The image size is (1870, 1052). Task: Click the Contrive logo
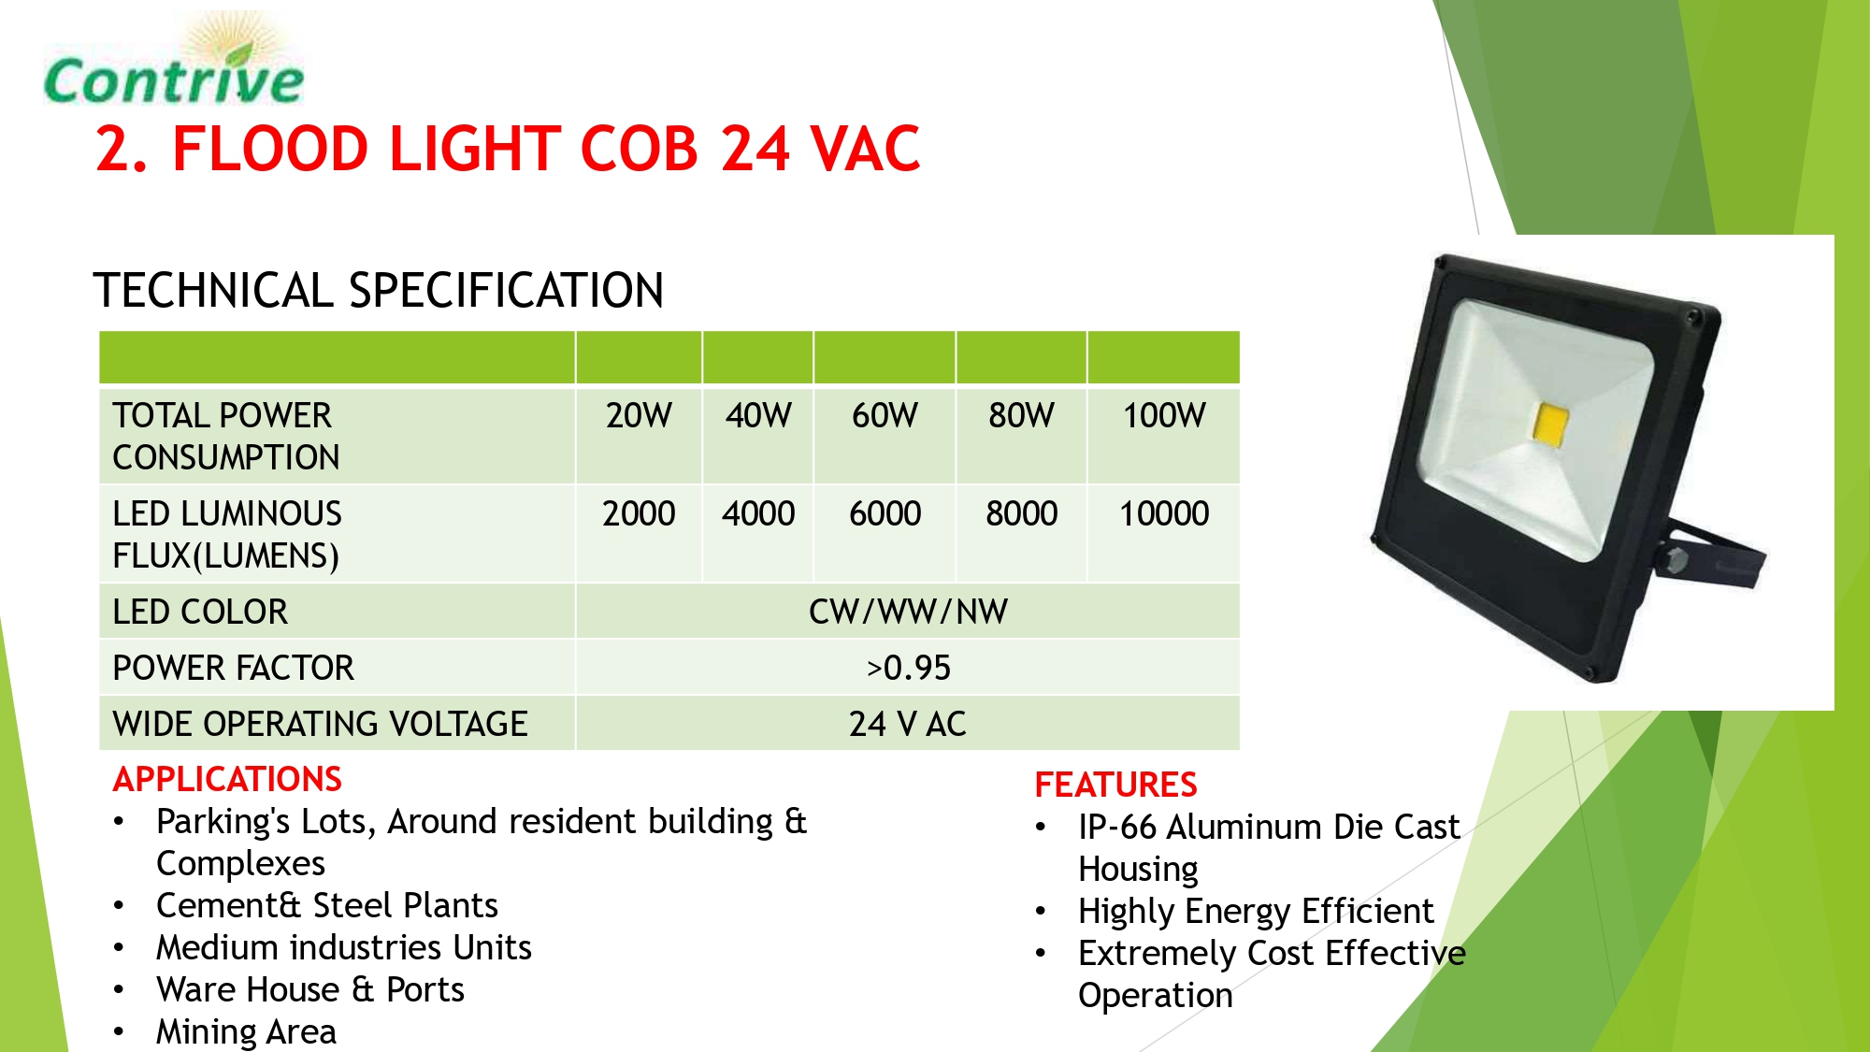coord(174,61)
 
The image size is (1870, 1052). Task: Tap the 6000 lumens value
coord(885,513)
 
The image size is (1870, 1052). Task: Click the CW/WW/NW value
coord(908,612)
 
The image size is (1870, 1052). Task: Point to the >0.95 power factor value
coord(908,668)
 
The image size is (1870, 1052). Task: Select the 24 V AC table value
coord(908,724)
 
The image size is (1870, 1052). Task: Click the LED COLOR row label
coord(200,612)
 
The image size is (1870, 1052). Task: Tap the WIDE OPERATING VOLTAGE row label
coord(320,724)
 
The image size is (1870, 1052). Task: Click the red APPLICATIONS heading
coord(227,779)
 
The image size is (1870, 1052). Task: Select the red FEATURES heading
coord(1115,785)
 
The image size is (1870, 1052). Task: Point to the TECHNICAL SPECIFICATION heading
coord(379,290)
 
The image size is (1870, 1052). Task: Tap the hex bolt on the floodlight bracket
coord(1676,560)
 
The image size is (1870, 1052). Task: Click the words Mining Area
coord(246,1032)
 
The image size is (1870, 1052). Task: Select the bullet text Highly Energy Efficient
coord(1256,911)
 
